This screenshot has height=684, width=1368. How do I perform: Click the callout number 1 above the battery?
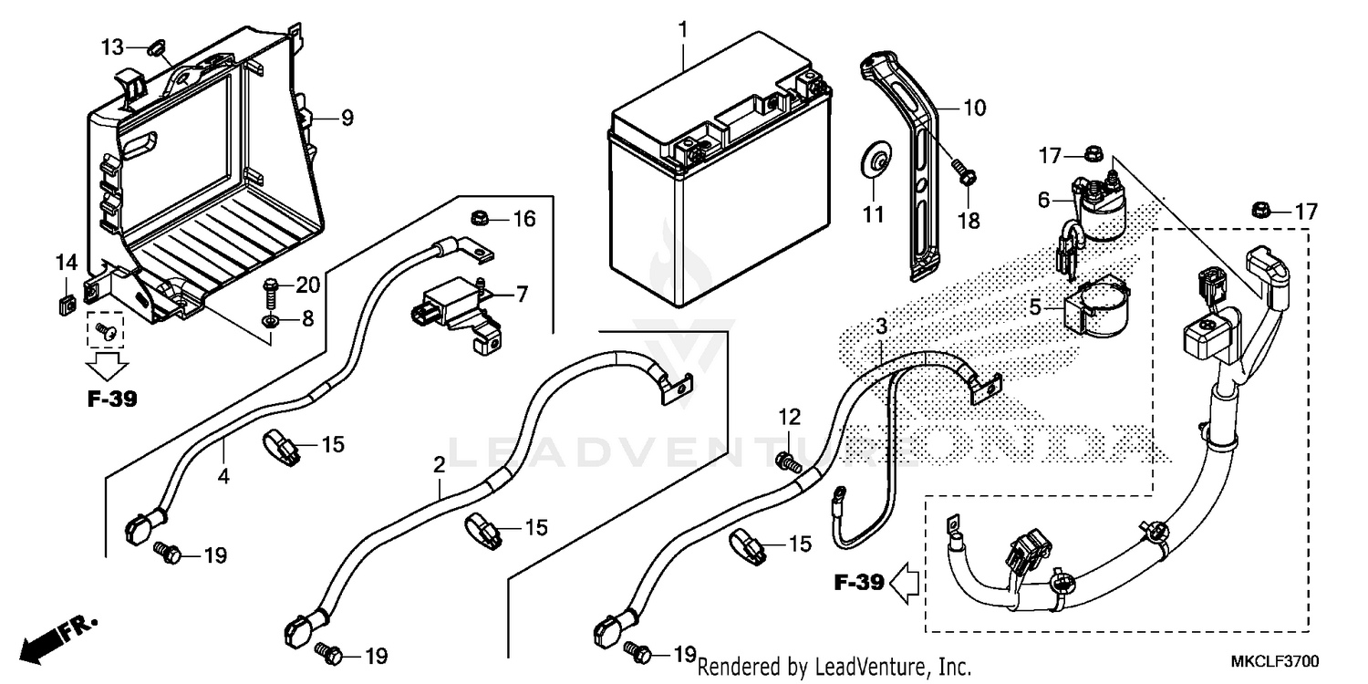coord(682,30)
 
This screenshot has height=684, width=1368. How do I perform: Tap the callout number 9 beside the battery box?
coord(347,118)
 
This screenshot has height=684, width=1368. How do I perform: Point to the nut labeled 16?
coord(479,218)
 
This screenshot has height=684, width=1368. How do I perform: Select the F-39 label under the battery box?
coord(112,399)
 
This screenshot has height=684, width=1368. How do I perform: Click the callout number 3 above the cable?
coord(881,326)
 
